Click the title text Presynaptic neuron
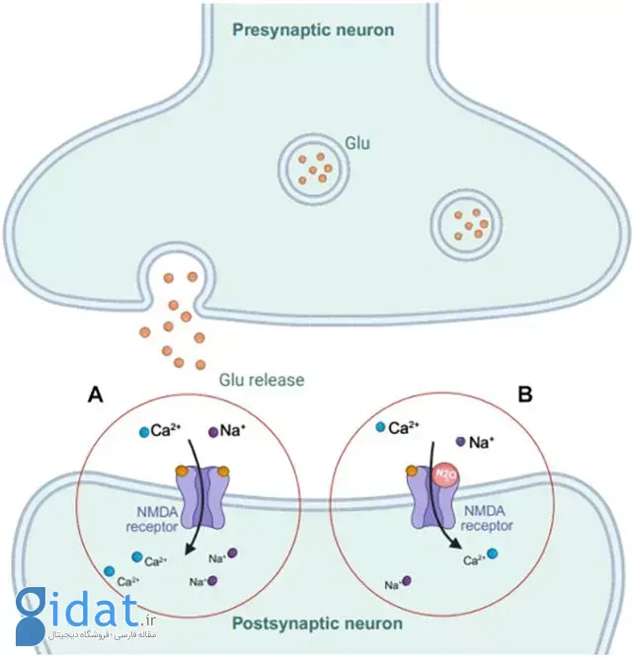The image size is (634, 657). tap(313, 29)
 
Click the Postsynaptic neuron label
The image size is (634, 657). tap(317, 623)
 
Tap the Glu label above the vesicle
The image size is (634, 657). tap(357, 144)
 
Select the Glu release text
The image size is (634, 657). tap(261, 380)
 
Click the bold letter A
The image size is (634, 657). tap(96, 396)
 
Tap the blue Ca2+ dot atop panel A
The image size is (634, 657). tap(145, 432)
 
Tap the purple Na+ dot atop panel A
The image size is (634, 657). tap(212, 431)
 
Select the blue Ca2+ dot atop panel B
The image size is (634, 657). tap(380, 428)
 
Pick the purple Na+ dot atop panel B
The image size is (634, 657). tap(460, 441)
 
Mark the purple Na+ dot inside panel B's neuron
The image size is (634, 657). tap(406, 582)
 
